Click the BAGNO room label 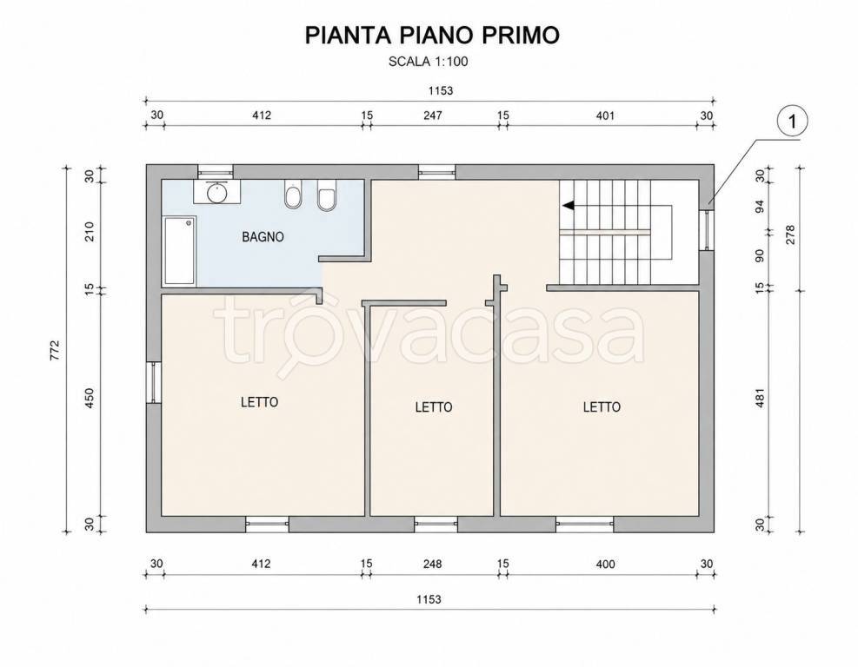[263, 237]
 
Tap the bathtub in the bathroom [179, 250]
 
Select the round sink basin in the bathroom [217, 192]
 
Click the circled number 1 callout [792, 122]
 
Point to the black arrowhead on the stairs [568, 206]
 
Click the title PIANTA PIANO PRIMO [432, 35]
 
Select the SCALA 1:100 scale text [429, 62]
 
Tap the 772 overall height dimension [54, 350]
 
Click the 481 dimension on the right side [760, 399]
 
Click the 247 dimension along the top [433, 116]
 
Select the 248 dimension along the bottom [432, 564]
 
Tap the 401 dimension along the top [605, 116]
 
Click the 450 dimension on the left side [90, 398]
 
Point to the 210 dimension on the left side [90, 231]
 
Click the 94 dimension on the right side [760, 206]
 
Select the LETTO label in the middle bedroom [434, 407]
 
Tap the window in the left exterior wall [154, 383]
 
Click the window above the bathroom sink [216, 172]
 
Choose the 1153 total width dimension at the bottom [429, 599]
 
